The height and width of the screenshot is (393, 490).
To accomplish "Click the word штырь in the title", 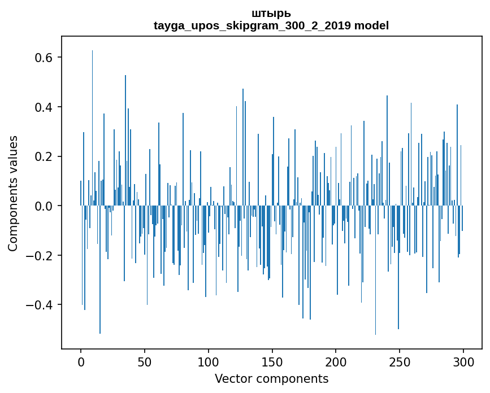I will pyautogui.click(x=271, y=13).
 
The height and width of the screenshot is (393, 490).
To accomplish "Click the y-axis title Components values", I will pyautogui.click(x=13, y=193).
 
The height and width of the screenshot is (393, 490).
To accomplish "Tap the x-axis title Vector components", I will pyautogui.click(x=271, y=378).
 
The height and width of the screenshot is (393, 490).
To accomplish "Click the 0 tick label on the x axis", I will pyautogui.click(x=81, y=361).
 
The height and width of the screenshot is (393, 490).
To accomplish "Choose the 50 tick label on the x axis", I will pyautogui.click(x=145, y=361).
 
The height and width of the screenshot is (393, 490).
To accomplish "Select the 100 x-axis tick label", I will pyautogui.click(x=209, y=361).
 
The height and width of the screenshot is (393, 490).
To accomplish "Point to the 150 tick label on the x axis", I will pyautogui.click(x=272, y=361).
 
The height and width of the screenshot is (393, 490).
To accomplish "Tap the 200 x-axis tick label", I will pyautogui.click(x=336, y=361).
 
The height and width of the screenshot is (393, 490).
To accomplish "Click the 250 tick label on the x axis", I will pyautogui.click(x=400, y=361).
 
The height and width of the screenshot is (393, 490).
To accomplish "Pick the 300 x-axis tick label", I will pyautogui.click(x=463, y=361).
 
